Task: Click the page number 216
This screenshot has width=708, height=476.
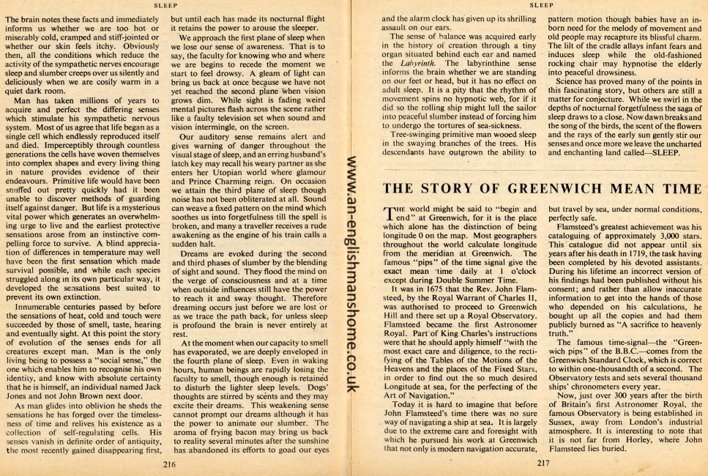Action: [169, 464]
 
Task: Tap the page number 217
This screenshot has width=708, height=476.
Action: [542, 463]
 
